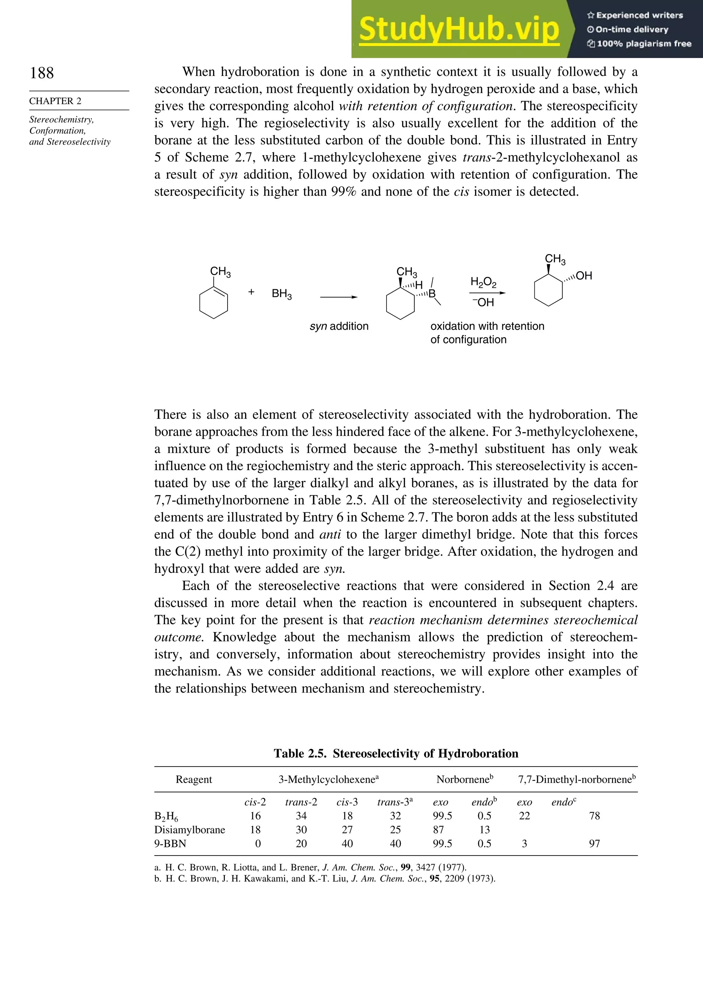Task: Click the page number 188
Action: (42, 73)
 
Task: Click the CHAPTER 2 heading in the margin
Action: (55, 101)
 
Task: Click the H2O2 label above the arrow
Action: (483, 282)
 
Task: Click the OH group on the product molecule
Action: (584, 276)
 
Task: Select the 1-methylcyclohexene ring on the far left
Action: (214, 302)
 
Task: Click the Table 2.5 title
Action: (396, 753)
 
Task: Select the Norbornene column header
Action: (464, 780)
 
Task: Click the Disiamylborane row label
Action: (189, 830)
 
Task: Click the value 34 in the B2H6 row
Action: (301, 816)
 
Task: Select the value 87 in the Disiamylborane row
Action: (438, 830)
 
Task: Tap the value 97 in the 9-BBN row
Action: (594, 844)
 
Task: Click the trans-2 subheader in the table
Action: (301, 802)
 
